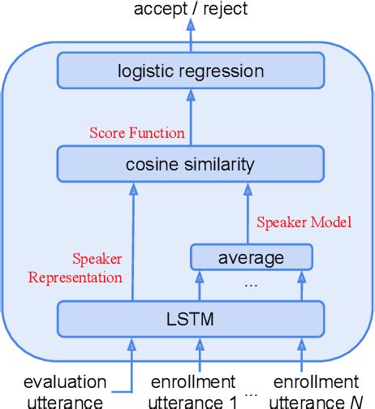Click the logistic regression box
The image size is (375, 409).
point(190,71)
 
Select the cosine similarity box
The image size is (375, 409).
point(190,165)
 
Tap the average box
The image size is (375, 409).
point(252,258)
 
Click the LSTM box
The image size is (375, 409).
point(190,319)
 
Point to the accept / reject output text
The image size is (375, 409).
point(190,10)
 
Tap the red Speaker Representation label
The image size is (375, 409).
point(75,269)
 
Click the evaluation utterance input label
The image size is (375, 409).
point(64,390)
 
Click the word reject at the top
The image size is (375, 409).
point(225,10)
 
